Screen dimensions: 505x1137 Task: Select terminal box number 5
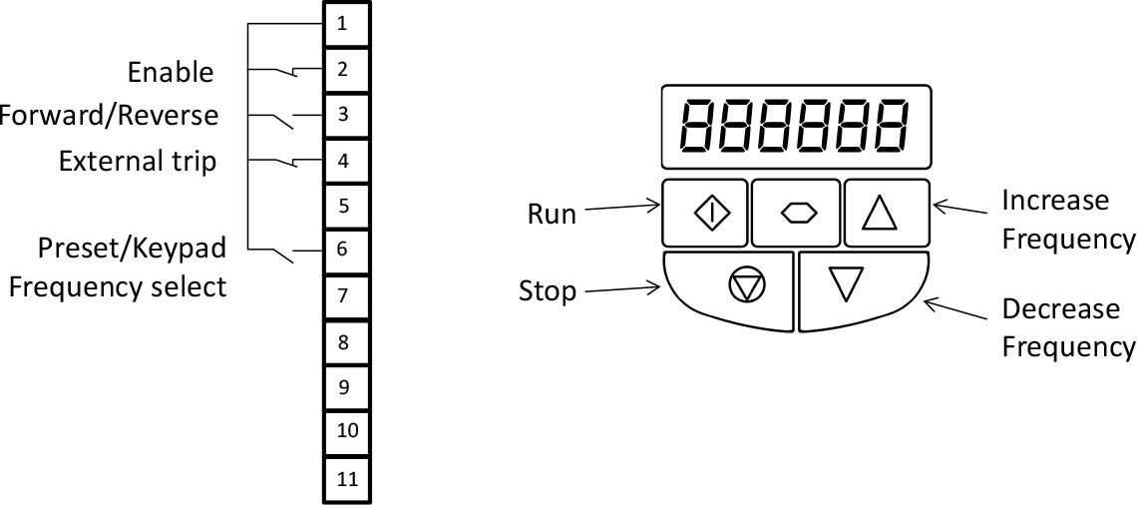pos(345,206)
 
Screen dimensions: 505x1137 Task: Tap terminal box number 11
pos(345,478)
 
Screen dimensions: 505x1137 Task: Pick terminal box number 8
pos(345,342)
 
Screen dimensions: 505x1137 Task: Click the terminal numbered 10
pos(345,432)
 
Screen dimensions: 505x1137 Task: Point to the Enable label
pos(171,72)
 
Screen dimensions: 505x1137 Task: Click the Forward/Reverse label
pos(108,115)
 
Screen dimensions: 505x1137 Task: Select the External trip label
pos(138,161)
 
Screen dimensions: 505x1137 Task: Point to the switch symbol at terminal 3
pos(283,120)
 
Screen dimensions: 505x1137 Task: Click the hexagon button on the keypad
pos(796,214)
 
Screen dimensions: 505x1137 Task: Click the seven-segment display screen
pos(796,125)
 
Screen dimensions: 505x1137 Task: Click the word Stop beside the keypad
pos(548,291)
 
